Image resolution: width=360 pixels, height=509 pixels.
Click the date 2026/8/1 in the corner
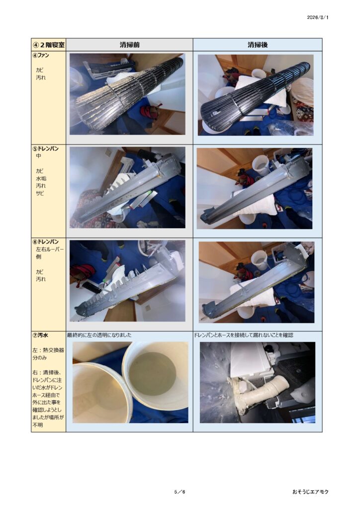(x=317, y=17)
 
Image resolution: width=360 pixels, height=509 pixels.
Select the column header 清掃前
(x=129, y=45)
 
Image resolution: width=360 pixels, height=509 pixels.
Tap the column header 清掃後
(x=258, y=45)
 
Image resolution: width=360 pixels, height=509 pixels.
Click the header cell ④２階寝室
(x=49, y=45)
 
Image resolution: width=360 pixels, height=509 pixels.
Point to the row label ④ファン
(x=41, y=55)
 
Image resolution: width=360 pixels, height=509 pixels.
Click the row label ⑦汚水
(x=40, y=335)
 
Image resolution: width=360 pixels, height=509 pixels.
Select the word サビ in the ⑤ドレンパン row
(x=40, y=193)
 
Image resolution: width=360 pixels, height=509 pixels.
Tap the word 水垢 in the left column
(x=41, y=178)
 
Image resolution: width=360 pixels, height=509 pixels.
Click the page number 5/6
(x=180, y=492)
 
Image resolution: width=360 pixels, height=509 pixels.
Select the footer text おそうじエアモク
(x=310, y=492)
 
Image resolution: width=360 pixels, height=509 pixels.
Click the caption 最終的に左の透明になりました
(x=99, y=335)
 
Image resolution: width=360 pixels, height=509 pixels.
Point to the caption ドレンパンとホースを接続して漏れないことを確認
(x=244, y=335)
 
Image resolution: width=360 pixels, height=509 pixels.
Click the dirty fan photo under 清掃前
(x=127, y=94)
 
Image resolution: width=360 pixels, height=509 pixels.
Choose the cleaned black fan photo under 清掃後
(x=256, y=95)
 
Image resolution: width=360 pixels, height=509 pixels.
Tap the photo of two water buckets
(x=130, y=382)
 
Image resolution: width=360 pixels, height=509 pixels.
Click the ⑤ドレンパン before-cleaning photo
(x=127, y=187)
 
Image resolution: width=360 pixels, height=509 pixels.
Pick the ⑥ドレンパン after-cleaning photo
(x=257, y=282)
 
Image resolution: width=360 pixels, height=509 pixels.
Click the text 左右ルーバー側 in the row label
(x=50, y=253)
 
